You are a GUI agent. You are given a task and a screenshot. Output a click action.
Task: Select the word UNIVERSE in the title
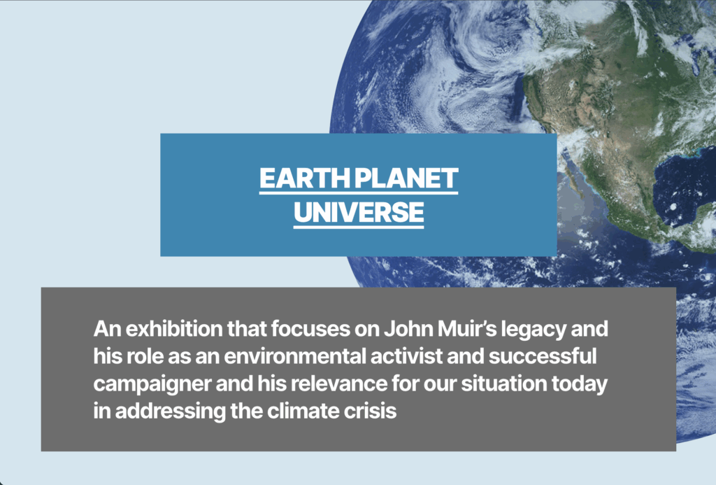coord(359,212)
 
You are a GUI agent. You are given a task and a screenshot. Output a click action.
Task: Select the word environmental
coord(296,356)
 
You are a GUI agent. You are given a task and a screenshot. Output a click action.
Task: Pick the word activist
coord(406,356)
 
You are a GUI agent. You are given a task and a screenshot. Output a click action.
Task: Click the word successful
coord(543,356)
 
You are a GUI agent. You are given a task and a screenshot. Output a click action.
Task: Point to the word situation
coord(503,384)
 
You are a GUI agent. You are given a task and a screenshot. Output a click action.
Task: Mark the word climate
coord(303,412)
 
